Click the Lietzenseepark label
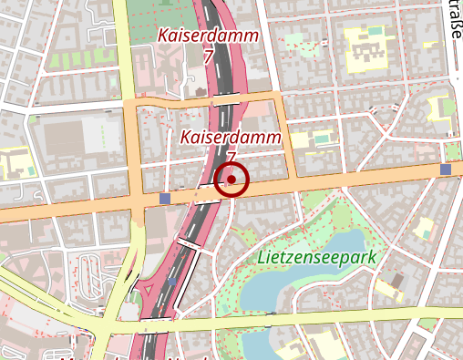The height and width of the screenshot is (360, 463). click(x=316, y=258)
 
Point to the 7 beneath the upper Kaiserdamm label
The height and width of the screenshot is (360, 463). click(x=209, y=57)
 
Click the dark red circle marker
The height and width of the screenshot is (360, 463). click(x=231, y=180)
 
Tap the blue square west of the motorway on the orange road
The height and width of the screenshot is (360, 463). click(x=164, y=198)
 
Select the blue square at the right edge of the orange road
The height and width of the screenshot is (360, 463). click(x=445, y=170)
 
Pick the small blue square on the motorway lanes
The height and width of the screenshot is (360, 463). click(x=172, y=282)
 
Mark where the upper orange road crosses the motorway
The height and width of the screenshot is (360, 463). click(x=225, y=98)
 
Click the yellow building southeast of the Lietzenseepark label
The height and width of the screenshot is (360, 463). click(x=389, y=290)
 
